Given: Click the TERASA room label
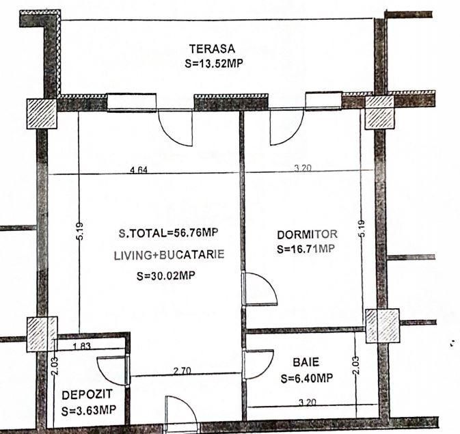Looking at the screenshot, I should click(x=212, y=49).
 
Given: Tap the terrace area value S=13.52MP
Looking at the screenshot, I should click(x=215, y=64).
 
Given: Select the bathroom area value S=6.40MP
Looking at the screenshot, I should click(x=306, y=377).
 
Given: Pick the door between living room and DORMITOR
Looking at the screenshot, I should click(x=260, y=288).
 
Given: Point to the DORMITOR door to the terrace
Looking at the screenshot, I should click(x=286, y=127).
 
